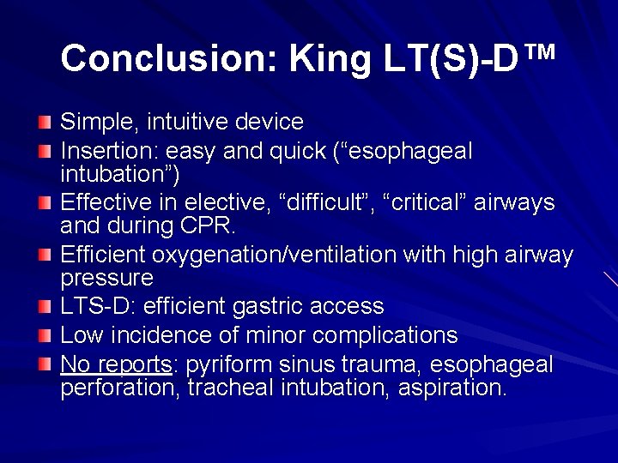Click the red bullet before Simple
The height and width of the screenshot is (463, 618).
click(45, 123)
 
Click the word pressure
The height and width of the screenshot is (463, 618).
click(106, 279)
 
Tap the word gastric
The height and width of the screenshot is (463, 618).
click(285, 306)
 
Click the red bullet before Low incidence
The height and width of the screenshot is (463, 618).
click(45, 335)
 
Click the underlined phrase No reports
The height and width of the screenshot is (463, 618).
click(116, 364)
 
